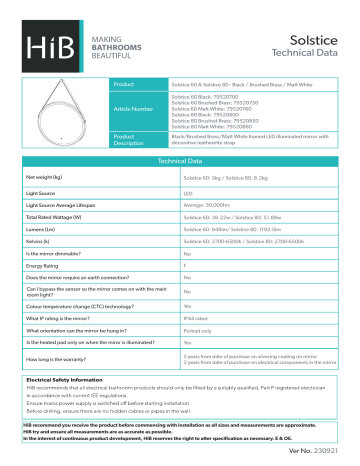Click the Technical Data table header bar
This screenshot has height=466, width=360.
click(180, 160)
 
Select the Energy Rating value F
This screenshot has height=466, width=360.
click(185, 266)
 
